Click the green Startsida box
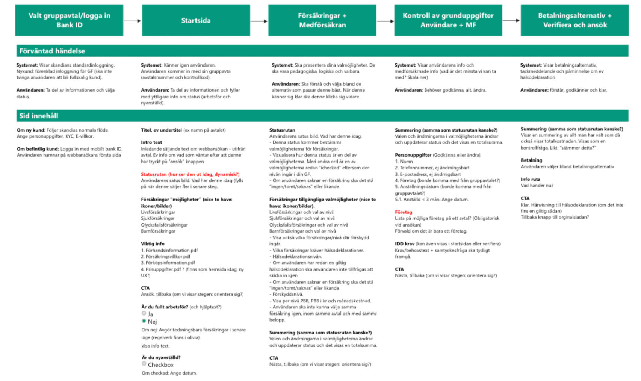coord(196,20)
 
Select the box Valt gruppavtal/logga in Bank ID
coord(69,20)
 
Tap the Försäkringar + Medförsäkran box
coord(322,20)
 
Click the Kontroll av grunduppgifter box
coord(448,20)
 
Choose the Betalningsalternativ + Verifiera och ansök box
coord(574,20)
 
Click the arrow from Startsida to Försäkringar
coord(259,21)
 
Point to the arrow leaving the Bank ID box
coord(132,21)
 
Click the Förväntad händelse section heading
coord(52,51)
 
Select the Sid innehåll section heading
coord(39,116)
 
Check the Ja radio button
coord(144,313)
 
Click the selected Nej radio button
coord(144,321)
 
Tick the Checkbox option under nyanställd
coord(144,364)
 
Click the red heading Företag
coord(404,212)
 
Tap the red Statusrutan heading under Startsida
coord(190,174)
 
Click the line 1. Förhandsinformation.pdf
coord(169,250)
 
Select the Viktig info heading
coord(153,243)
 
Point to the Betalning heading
coord(531,160)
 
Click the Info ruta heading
coord(530,179)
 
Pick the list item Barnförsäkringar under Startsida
coord(158,231)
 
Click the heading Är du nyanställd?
coord(161,357)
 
